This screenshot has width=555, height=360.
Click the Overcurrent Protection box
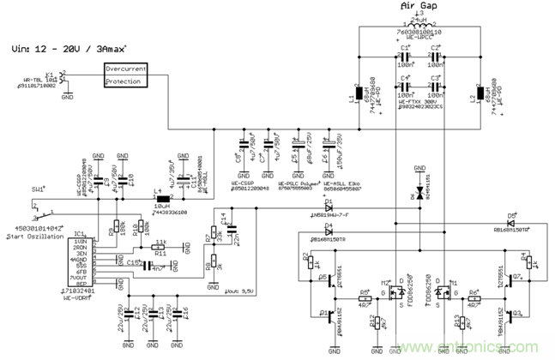tap(125, 74)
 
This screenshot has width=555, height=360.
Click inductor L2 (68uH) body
tap(478, 93)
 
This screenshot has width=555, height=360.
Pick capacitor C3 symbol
tap(436, 86)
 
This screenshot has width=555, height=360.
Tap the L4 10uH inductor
tap(160, 200)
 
